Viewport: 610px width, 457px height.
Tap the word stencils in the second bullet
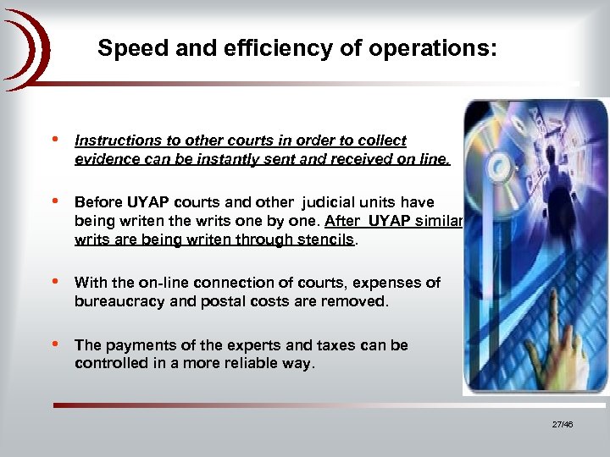pyautogui.click(x=325, y=239)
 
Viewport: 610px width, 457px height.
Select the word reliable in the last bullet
pyautogui.click(x=236, y=363)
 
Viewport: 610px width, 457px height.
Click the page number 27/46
pyautogui.click(x=562, y=424)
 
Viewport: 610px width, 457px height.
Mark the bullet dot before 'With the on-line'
pyautogui.click(x=55, y=281)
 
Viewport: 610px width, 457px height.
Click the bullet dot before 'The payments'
pyautogui.click(x=55, y=344)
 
